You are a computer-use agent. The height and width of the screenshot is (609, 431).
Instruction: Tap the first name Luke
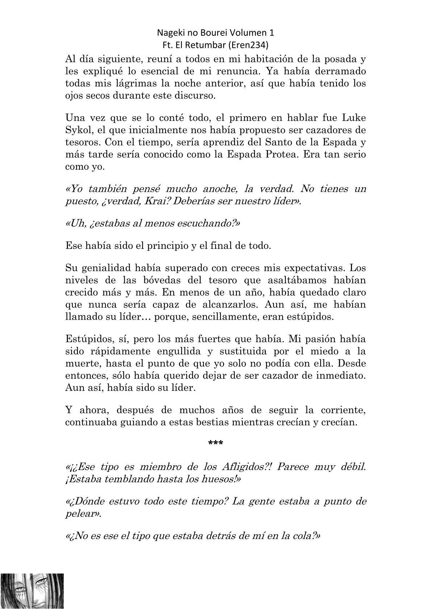tap(354, 118)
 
